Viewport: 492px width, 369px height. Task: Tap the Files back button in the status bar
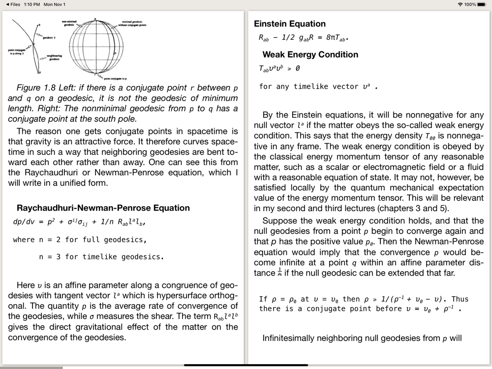[13, 4]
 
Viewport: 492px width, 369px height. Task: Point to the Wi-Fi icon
[460, 4]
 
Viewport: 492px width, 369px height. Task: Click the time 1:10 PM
[31, 4]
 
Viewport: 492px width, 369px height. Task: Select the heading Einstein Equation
[290, 24]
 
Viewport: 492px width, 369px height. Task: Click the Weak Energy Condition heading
[310, 55]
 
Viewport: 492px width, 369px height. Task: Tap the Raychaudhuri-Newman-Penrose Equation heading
[103, 208]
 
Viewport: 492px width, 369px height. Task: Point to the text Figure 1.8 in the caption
[34, 88]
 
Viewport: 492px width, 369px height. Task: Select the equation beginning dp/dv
[79, 222]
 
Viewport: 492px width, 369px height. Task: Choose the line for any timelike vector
[318, 87]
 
